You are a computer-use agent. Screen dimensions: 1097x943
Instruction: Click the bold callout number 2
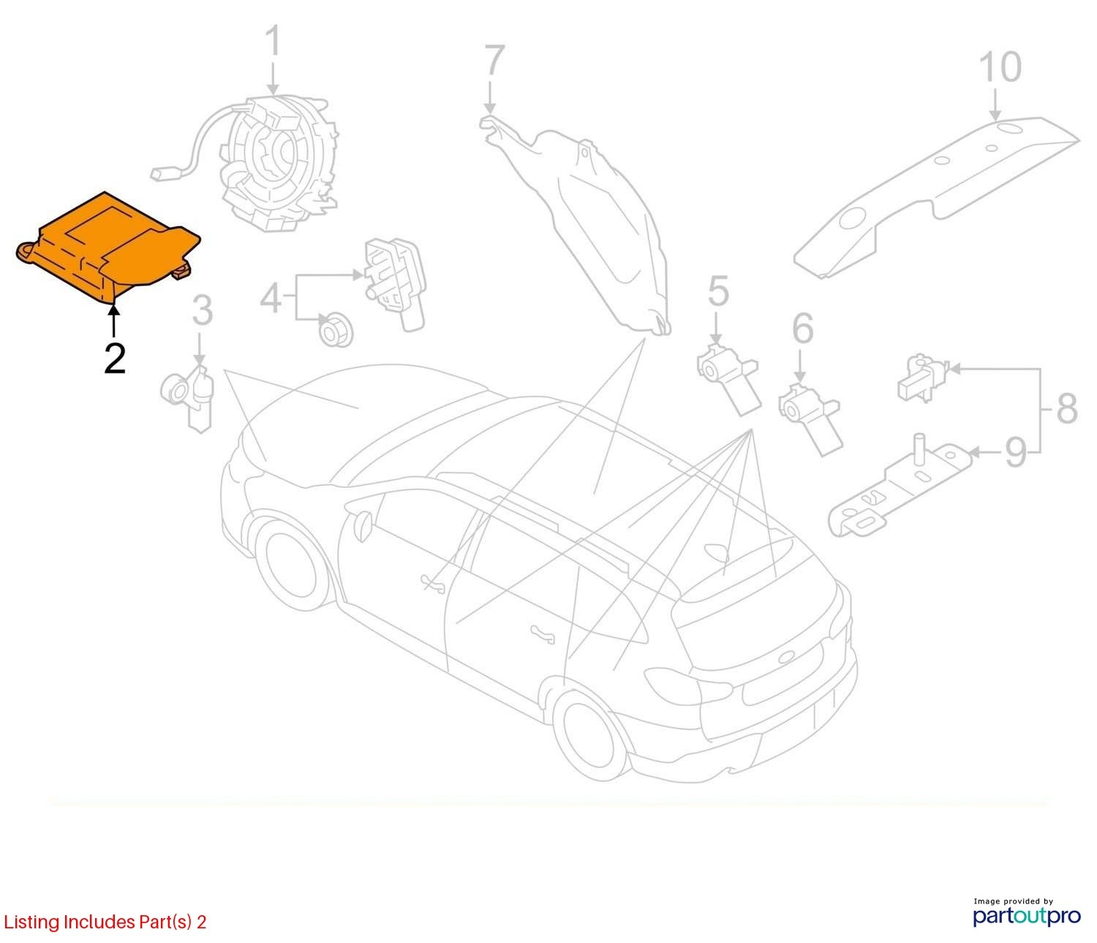tap(115, 358)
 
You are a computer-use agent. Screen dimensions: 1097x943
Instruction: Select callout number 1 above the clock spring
tap(274, 41)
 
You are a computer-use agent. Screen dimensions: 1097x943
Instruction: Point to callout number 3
tap(202, 310)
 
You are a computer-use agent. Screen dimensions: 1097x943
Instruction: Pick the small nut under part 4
tap(335, 329)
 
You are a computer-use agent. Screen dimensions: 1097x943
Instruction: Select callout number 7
tap(494, 59)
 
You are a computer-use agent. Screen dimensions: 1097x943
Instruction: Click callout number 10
tap(1000, 67)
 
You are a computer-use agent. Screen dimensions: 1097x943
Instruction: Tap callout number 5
tap(719, 291)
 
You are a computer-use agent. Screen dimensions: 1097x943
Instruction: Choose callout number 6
tap(802, 328)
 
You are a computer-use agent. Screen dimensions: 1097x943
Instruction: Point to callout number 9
tap(1016, 453)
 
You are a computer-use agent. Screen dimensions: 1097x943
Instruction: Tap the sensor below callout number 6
tap(810, 419)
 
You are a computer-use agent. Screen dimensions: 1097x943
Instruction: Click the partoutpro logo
tap(1026, 916)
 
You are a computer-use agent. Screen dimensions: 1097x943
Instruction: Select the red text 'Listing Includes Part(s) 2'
tap(105, 922)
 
